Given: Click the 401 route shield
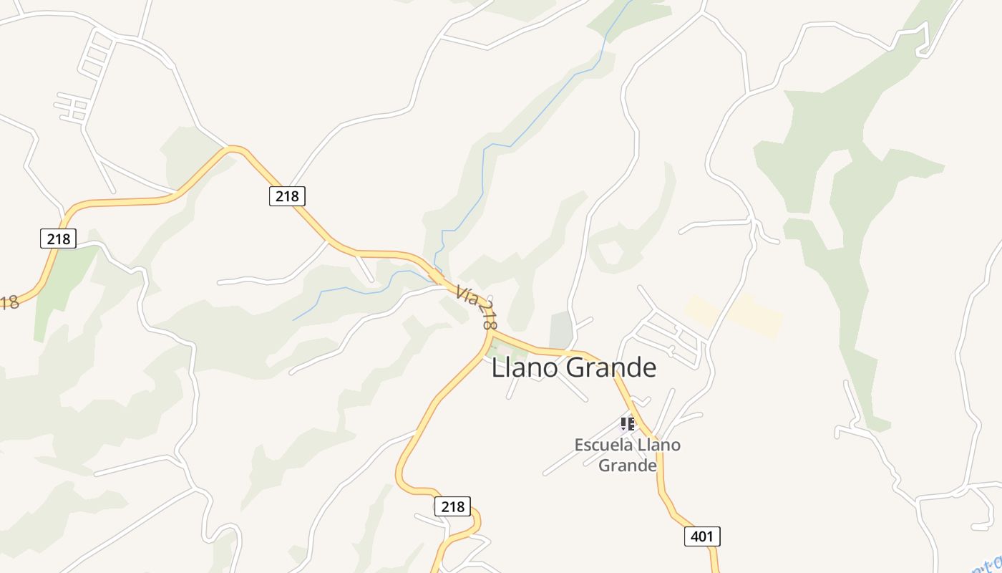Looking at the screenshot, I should (702, 536).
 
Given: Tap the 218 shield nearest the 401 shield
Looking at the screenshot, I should (452, 506).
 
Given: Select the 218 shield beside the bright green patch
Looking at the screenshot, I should (58, 239).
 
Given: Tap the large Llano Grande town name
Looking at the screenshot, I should (574, 367).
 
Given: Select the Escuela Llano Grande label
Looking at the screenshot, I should (628, 455).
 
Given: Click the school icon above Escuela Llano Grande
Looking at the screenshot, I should (628, 423).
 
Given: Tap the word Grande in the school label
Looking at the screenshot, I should (628, 466).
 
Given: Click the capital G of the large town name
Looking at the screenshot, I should (574, 367).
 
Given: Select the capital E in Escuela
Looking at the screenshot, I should (580, 445).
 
